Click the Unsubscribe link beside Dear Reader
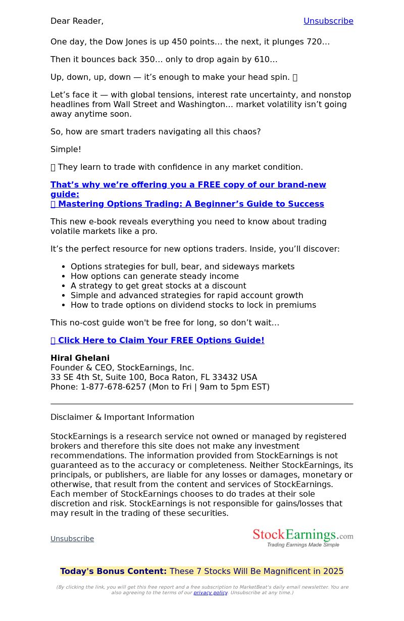328,21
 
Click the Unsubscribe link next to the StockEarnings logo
72,539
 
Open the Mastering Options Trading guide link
190,204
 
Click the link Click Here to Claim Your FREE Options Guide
161,340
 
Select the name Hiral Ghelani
80,358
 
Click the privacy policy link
210,592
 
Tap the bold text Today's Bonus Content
113,571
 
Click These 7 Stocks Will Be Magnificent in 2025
256,571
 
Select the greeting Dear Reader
77,21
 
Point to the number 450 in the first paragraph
179,41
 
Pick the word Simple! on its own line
66,149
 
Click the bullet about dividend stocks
193,305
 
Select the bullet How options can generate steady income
155,276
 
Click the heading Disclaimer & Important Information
122,417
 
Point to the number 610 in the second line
262,59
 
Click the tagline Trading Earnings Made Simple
303,545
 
